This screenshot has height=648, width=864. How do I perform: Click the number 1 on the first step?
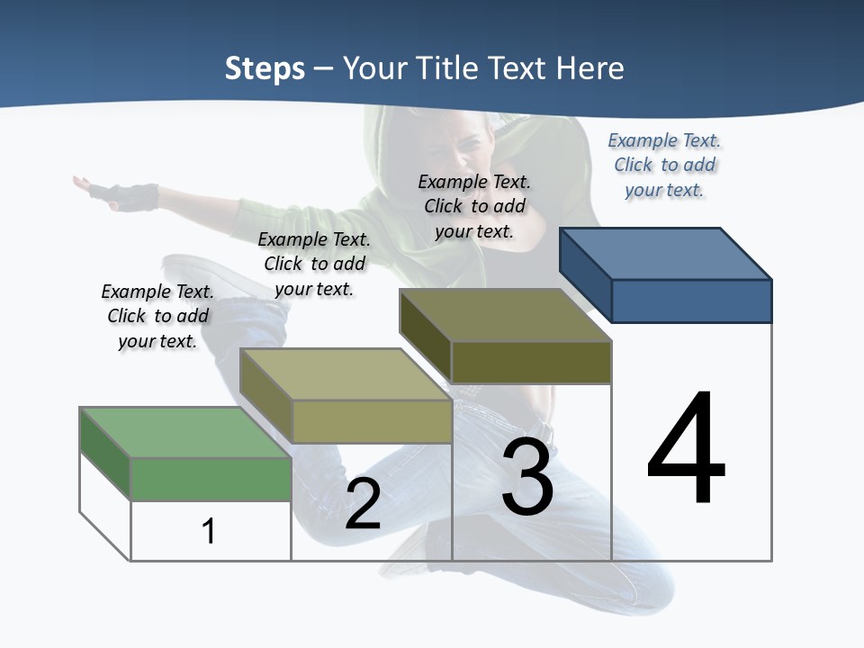[209, 531]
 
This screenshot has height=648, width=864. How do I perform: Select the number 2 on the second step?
[363, 504]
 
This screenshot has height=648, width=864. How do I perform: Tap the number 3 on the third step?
[527, 477]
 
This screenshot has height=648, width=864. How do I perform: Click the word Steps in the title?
[265, 68]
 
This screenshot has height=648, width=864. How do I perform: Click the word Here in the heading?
[591, 68]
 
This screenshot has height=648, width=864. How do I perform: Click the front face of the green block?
[211, 479]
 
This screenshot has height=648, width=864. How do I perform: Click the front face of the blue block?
[691, 301]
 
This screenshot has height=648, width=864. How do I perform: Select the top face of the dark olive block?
[505, 315]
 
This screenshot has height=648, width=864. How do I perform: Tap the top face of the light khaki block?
[346, 374]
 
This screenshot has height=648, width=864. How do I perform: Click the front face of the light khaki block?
[372, 421]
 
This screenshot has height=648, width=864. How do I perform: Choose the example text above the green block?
[157, 316]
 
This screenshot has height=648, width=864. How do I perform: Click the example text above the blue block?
[664, 165]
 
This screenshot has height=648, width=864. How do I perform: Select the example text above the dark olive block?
[474, 206]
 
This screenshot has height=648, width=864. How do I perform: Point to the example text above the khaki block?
[314, 264]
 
